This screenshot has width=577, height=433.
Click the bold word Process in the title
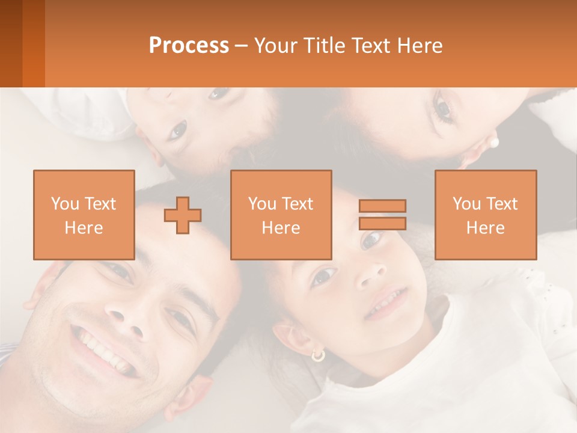click(189, 46)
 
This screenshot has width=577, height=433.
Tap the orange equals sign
click(382, 215)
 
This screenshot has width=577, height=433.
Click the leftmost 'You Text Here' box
click(84, 215)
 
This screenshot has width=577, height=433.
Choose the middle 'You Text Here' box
click(281, 215)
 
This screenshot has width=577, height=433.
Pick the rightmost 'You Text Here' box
click(486, 215)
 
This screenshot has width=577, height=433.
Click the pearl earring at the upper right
click(495, 143)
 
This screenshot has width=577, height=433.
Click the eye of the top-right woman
click(443, 109)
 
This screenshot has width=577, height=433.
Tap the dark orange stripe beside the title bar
click(33, 43)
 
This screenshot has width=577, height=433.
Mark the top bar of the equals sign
click(382, 206)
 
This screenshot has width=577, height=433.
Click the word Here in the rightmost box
click(486, 227)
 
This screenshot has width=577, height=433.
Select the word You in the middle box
click(262, 204)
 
